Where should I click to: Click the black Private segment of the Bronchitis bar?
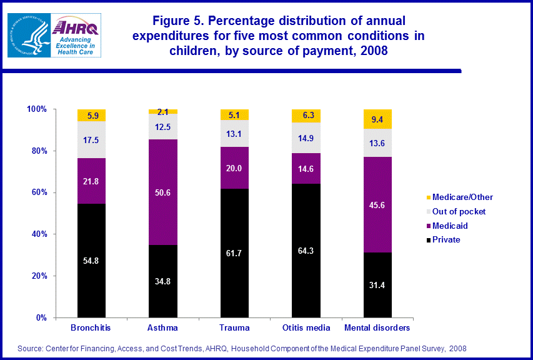91,261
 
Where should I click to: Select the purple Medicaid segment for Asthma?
163,192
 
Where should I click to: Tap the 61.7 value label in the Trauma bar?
234,253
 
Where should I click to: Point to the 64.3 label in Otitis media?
306,251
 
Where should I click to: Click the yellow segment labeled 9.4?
377,118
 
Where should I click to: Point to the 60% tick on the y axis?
39,192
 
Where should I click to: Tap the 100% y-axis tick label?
37,109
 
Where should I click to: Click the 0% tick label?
41,317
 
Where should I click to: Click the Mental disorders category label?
377,328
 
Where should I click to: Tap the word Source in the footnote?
31,348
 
